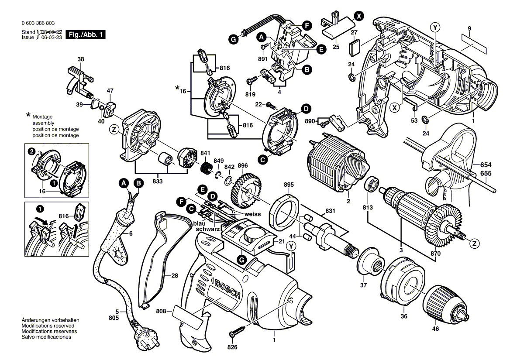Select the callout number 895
[x=289, y=185]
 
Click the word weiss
[x=253, y=214]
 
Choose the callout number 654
[x=486, y=165]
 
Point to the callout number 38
[x=81, y=59]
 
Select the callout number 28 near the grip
[x=175, y=275]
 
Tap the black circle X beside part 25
[x=358, y=16]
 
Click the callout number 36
[x=404, y=316]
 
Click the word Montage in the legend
[x=42, y=117]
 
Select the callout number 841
[x=204, y=153]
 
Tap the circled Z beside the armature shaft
[x=475, y=243]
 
